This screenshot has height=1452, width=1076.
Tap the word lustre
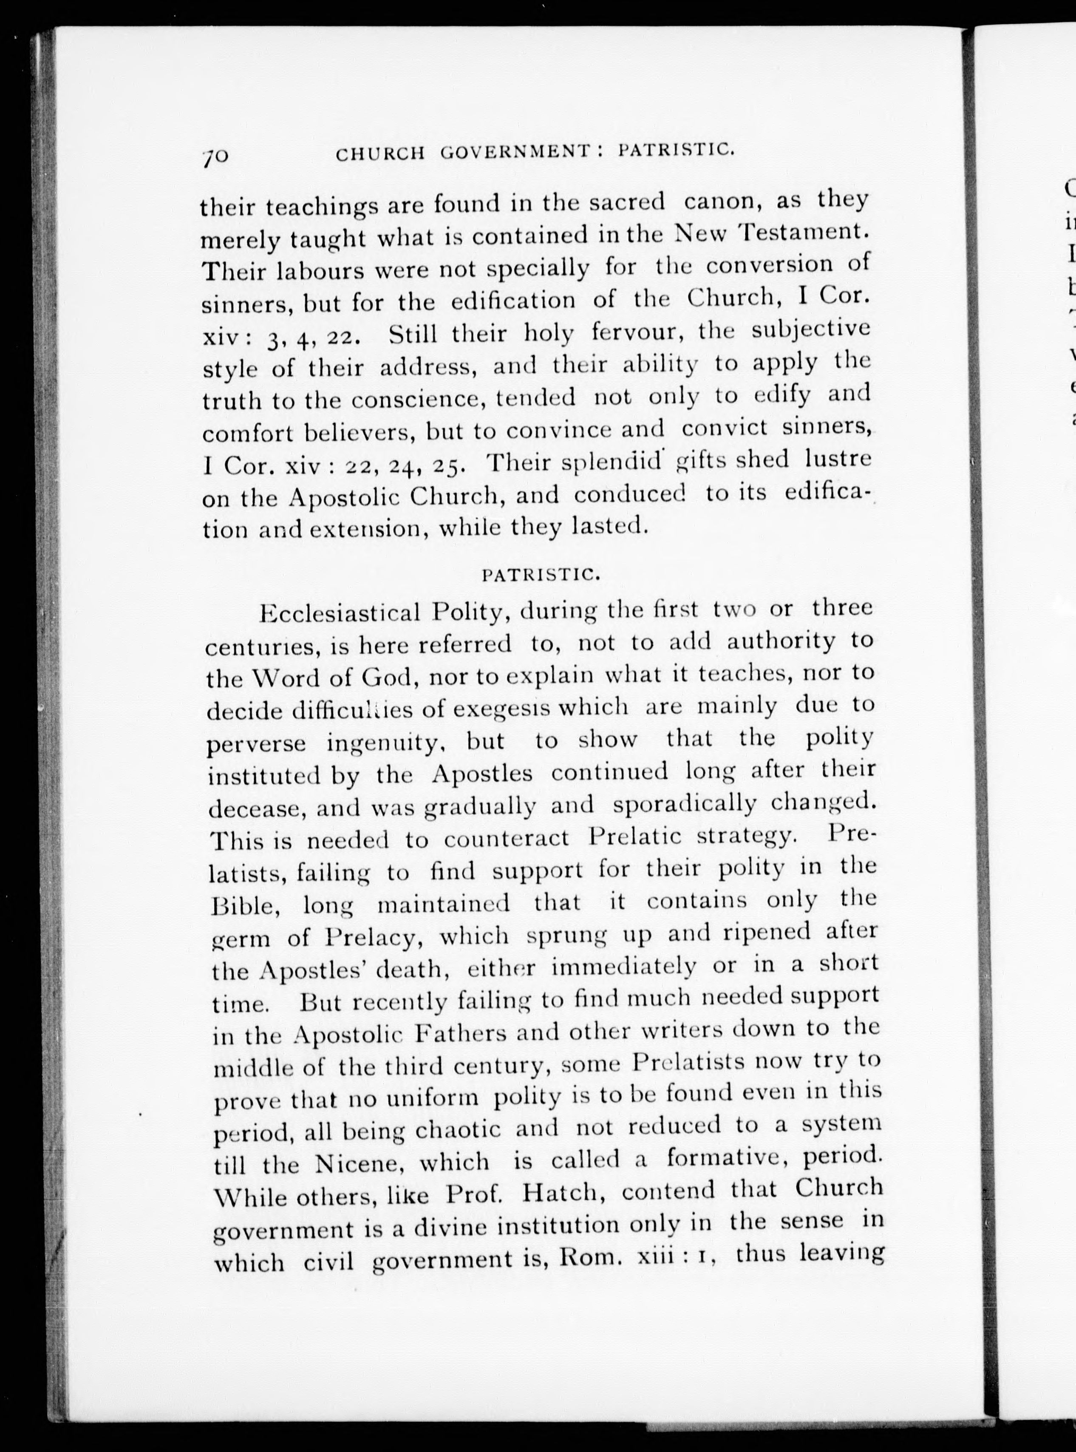pyautogui.click(x=838, y=459)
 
